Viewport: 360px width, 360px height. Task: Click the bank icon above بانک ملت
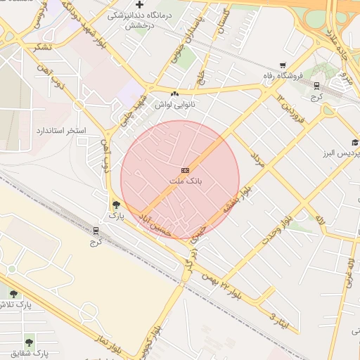(x=185, y=170)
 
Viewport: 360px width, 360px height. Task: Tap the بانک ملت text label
(x=185, y=181)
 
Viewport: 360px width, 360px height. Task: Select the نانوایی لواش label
(x=175, y=104)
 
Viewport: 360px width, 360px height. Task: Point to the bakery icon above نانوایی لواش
(x=175, y=94)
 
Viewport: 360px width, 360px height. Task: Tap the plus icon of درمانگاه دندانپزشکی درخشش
(x=140, y=5)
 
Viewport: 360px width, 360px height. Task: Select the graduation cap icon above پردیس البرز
(x=355, y=142)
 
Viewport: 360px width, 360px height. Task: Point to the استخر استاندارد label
(x=61, y=131)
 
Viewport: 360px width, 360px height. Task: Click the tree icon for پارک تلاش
(x=13, y=294)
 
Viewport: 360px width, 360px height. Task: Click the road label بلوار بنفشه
(x=237, y=200)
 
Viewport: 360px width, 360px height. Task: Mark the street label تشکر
(x=41, y=46)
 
